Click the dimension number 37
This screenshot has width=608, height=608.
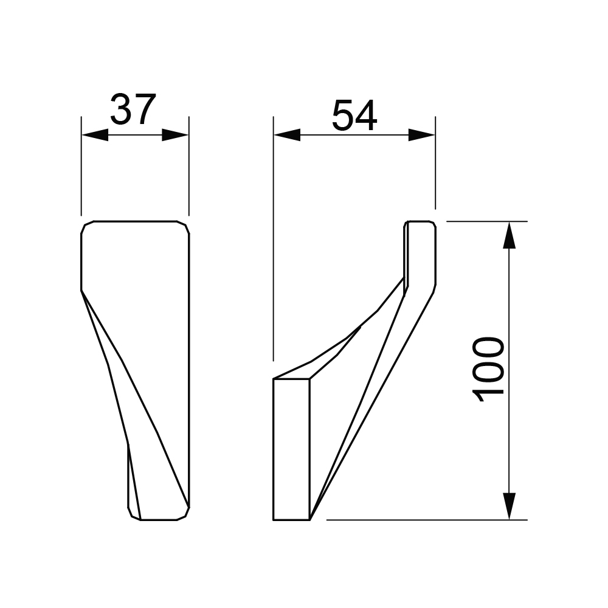[133, 109]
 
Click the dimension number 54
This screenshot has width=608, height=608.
[354, 115]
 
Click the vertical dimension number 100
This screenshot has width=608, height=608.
[488, 370]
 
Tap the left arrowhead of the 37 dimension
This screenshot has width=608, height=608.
[95, 135]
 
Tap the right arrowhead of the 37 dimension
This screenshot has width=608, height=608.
[175, 135]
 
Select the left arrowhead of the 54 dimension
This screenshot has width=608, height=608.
[288, 135]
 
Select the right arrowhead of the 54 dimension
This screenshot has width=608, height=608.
[421, 135]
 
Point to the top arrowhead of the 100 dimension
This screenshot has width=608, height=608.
[509, 235]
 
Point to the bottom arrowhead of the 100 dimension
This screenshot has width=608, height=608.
[509, 506]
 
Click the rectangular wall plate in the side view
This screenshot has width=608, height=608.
[292, 449]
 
